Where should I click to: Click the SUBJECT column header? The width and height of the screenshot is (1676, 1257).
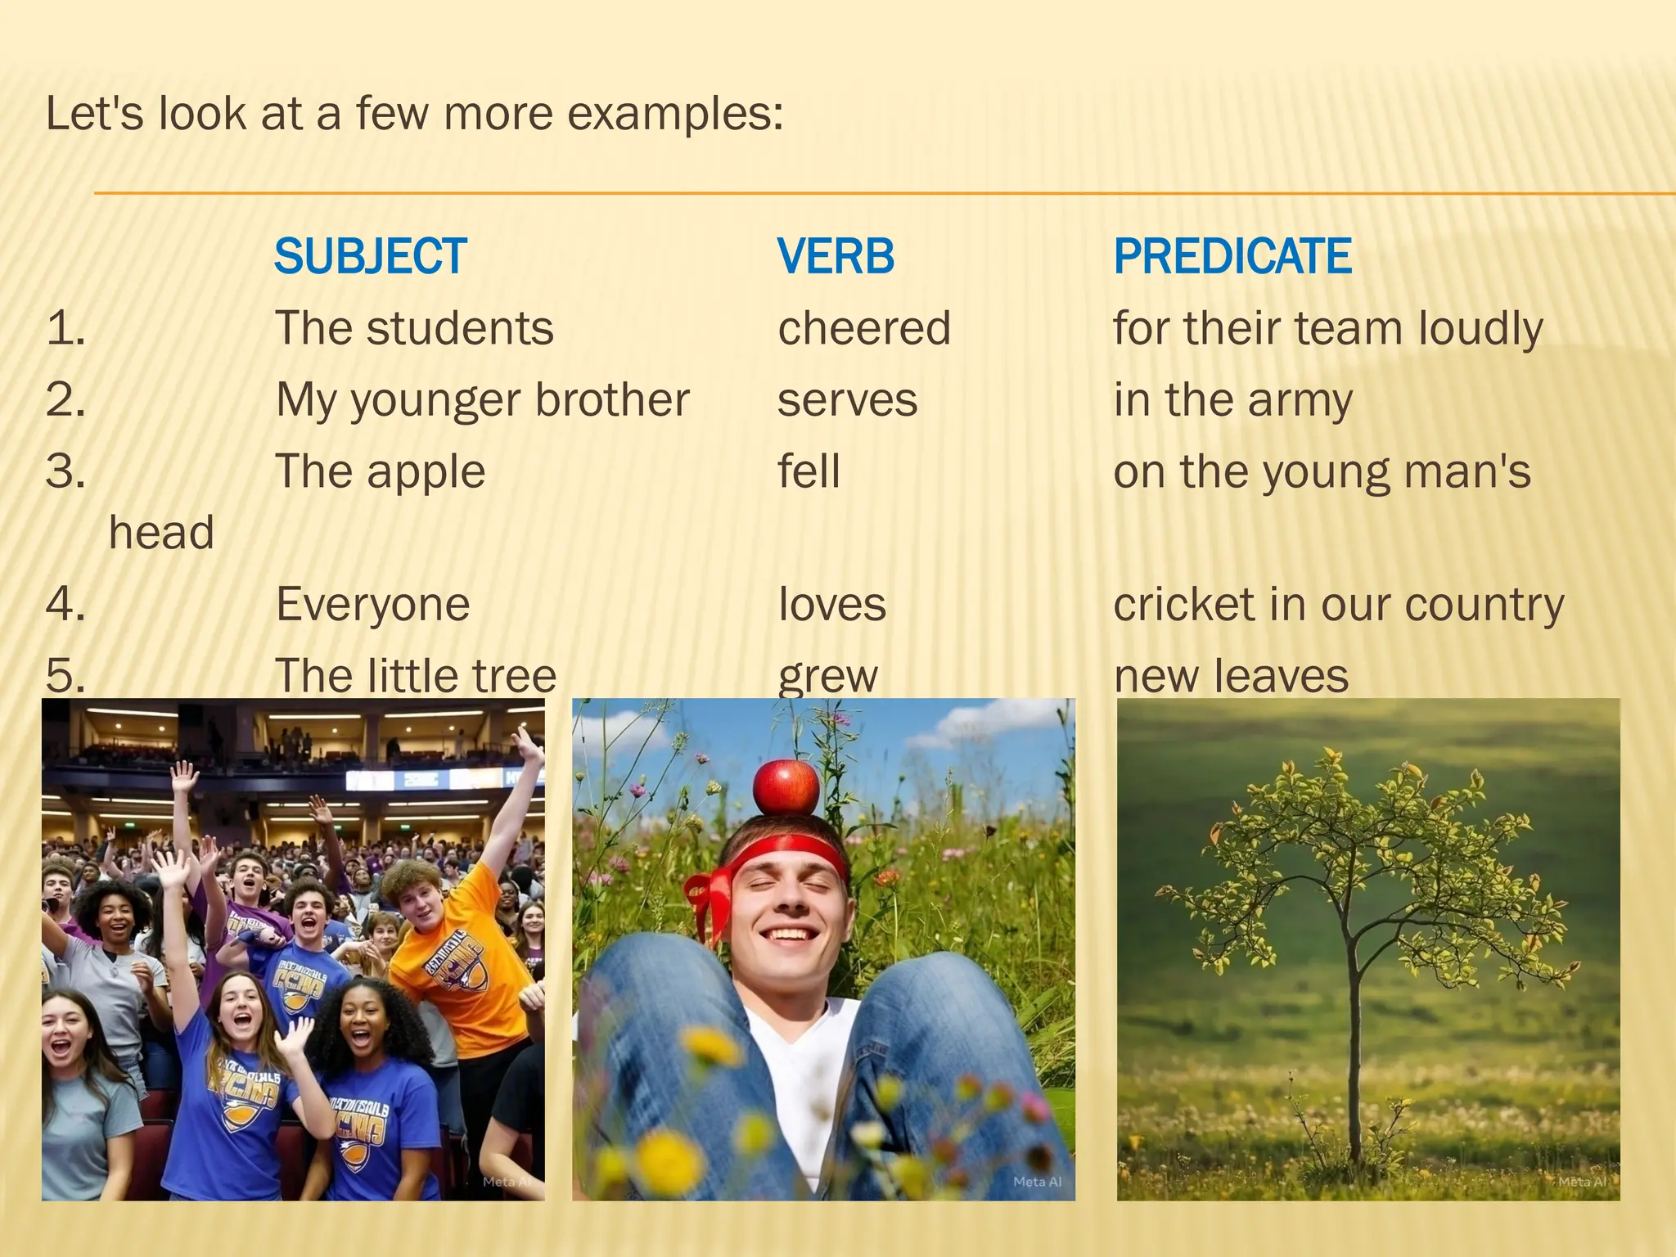pos(370,256)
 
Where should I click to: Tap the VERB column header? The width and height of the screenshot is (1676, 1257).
pos(836,256)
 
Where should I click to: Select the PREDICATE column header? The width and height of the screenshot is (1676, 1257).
pos(1232,256)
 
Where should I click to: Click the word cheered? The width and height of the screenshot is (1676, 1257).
pos(863,328)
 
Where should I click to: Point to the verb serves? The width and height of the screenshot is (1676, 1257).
pos(847,400)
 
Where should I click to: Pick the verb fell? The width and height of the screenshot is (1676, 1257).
pos(809,472)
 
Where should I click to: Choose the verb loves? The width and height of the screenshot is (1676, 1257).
pos(831,605)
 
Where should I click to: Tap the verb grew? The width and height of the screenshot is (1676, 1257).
pos(827,677)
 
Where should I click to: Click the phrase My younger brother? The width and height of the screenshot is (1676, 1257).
pos(482,400)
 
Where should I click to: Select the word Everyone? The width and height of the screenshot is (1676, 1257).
pos(372,605)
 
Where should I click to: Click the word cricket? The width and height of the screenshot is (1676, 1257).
pos(1184,605)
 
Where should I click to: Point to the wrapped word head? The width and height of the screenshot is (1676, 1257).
pos(161,533)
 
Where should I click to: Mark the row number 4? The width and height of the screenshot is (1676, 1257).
pos(65,605)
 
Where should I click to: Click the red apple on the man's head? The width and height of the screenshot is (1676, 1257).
pos(786,786)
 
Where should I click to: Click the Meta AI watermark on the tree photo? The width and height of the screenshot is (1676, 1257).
pos(1581,1182)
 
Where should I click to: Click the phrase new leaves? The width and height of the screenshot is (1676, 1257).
pos(1230,677)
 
